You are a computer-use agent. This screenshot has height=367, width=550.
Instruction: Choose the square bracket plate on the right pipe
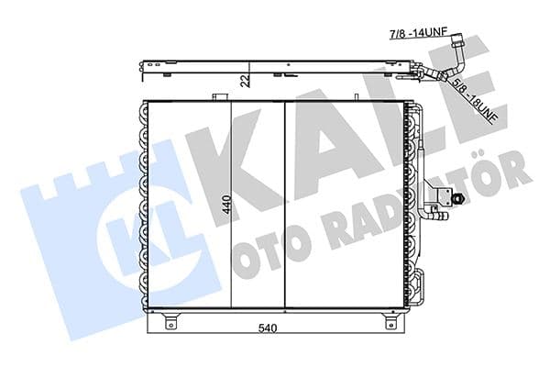444,195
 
